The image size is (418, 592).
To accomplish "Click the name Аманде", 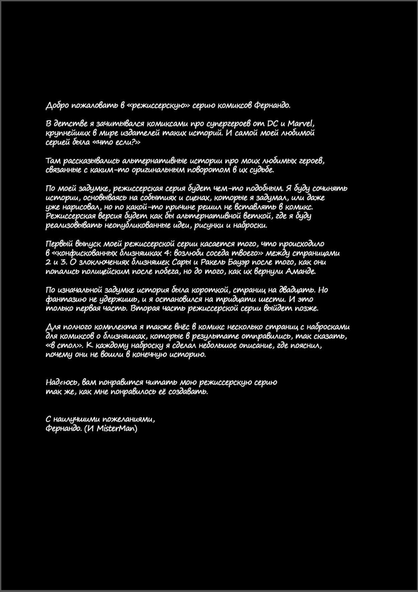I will (301, 271).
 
